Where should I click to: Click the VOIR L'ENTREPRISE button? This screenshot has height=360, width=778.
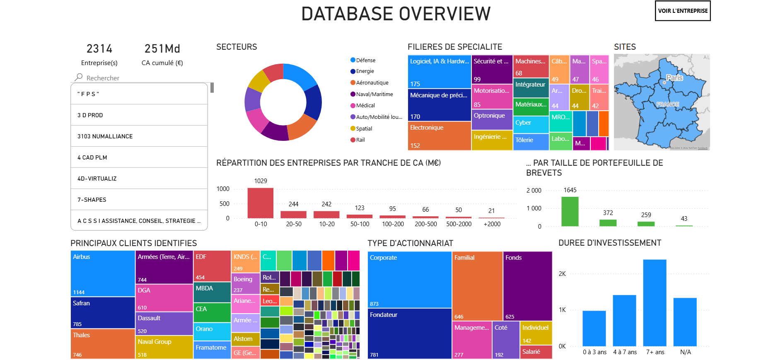pyautogui.click(x=682, y=11)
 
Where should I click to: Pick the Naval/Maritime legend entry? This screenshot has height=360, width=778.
pyautogui.click(x=374, y=94)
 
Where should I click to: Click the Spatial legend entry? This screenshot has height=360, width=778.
pyautogui.click(x=364, y=128)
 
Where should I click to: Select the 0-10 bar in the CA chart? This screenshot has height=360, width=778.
pyautogui.click(x=260, y=203)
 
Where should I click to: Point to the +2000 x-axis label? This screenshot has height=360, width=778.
pyautogui.click(x=492, y=224)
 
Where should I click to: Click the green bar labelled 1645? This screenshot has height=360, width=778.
pyautogui.click(x=570, y=211)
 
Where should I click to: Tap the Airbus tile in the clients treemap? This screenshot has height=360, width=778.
pyautogui.click(x=103, y=273)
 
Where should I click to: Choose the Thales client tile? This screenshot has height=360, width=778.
pyautogui.click(x=103, y=343)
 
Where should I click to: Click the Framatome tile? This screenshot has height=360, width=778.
pyautogui.click(x=212, y=350)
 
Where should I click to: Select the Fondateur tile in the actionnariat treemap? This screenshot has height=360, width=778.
pyautogui.click(x=409, y=333)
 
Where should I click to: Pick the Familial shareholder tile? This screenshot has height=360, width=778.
pyautogui.click(x=477, y=286)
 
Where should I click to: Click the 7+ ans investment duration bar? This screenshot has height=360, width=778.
pyautogui.click(x=655, y=303)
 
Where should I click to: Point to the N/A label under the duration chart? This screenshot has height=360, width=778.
pyautogui.click(x=685, y=352)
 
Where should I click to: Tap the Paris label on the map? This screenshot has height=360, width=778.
pyautogui.click(x=674, y=78)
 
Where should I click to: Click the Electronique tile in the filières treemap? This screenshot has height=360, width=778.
pyautogui.click(x=439, y=135)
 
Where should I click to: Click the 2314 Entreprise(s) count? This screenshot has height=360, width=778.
pyautogui.click(x=99, y=49)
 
